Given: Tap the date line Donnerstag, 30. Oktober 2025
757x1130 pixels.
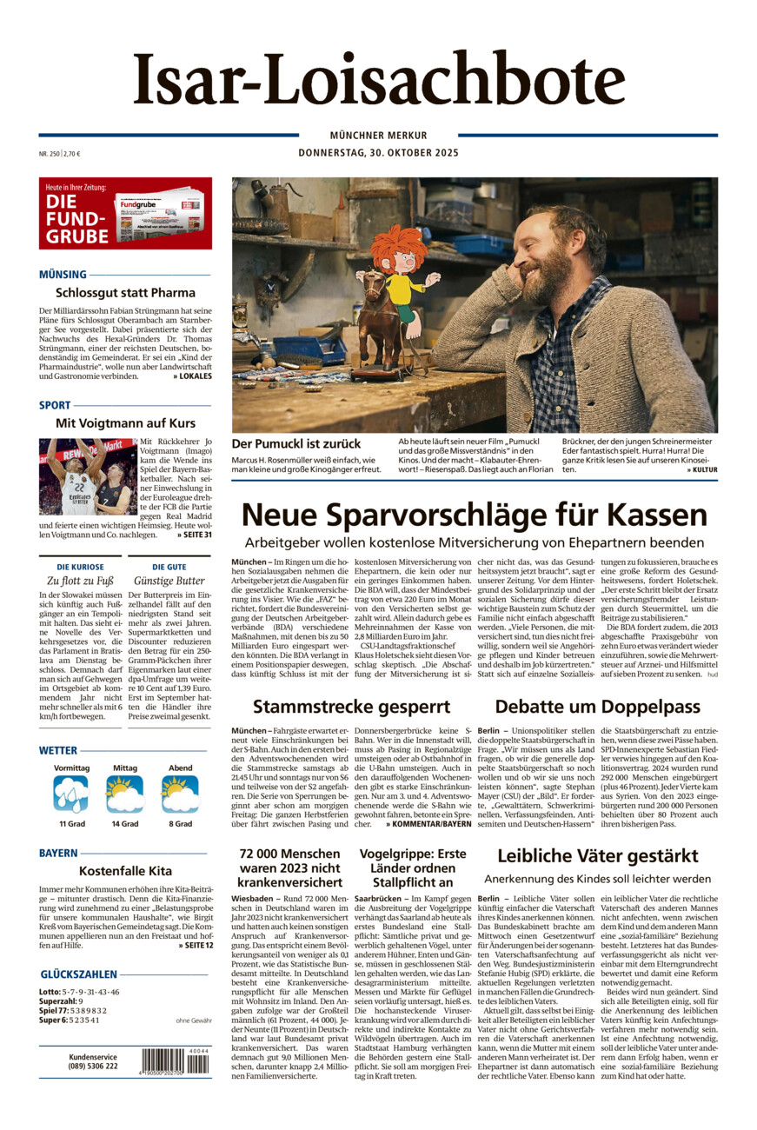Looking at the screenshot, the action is pos(378,153).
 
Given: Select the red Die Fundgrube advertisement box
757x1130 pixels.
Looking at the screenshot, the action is pos(125,213).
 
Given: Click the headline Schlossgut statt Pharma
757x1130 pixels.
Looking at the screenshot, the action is pos(125,293).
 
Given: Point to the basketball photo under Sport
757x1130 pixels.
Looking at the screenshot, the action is pos(87,476).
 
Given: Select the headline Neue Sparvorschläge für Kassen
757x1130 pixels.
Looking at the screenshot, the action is pos(474,515).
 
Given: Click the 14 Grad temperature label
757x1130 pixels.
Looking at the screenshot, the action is pos(125,823).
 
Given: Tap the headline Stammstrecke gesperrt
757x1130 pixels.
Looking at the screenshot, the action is pos(351,706).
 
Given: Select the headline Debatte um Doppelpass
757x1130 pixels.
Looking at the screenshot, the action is pos(598,706).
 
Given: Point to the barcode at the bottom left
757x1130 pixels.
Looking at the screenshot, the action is pos(175,1062).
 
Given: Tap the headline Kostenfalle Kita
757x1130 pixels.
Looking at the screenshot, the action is pos(125,871).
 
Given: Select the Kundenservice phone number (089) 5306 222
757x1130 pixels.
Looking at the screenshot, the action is pos(93,1067).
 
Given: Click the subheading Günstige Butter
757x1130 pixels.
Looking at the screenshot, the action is pos(169,581).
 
